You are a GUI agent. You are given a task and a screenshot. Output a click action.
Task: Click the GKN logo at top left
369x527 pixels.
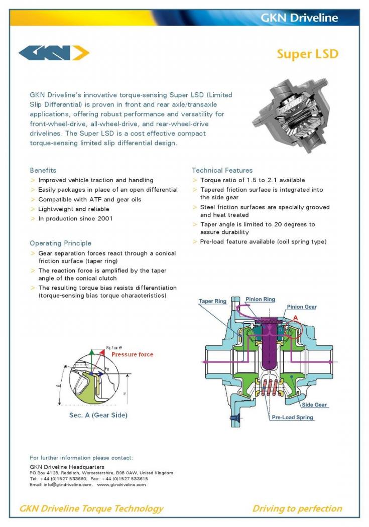(x=54, y=52)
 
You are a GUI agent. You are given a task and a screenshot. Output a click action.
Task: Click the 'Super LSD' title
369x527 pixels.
(x=307, y=54)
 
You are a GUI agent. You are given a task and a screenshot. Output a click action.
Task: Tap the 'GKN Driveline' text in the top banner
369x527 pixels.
(x=299, y=18)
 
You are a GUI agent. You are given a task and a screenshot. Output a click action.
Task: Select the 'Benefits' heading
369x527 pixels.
(x=43, y=170)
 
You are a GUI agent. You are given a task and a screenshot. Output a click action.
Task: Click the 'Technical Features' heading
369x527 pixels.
(x=222, y=170)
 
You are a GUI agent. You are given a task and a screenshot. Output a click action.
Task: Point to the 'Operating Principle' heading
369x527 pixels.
(x=60, y=243)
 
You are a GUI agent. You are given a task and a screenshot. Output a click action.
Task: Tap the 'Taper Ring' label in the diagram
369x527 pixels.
(x=212, y=301)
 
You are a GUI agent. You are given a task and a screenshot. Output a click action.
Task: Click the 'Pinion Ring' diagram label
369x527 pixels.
(x=260, y=299)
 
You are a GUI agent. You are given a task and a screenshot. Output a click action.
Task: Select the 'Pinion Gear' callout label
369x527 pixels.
(x=301, y=307)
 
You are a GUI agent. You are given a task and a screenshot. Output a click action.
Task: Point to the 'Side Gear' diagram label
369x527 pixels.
(x=314, y=405)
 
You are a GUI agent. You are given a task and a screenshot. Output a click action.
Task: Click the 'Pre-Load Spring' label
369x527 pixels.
(x=292, y=417)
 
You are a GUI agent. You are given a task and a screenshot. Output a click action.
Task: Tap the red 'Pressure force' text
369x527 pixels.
(x=132, y=354)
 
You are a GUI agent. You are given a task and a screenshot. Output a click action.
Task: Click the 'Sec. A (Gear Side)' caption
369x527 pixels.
(x=98, y=415)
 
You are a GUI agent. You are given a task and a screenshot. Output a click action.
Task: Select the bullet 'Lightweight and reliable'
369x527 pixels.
(x=73, y=209)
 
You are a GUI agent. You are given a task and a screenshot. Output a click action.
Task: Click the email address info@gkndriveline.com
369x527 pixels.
(x=68, y=484)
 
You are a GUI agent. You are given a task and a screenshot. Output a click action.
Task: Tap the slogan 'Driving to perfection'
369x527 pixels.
(x=297, y=508)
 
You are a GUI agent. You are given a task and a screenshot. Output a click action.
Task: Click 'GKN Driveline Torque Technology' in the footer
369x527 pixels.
(x=91, y=508)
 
